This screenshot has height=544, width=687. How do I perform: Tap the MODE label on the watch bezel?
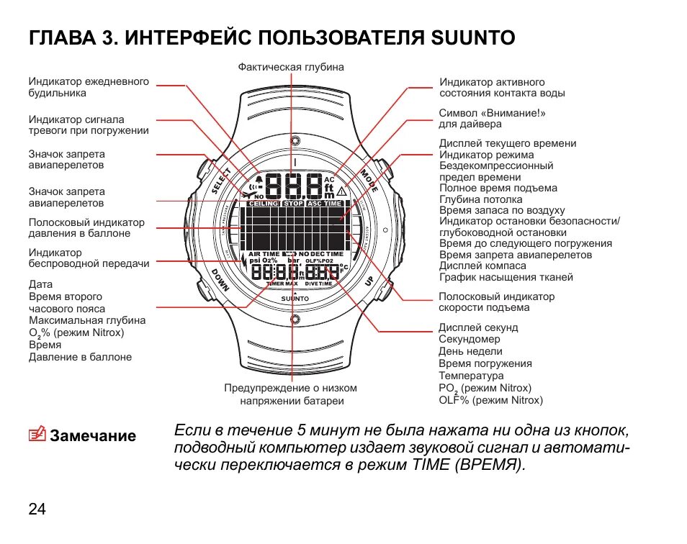tap(369, 180)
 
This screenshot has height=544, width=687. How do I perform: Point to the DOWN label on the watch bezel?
tap(220, 280)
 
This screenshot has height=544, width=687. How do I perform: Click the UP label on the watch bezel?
tap(369, 281)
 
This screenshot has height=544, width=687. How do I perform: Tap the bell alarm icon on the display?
tap(259, 180)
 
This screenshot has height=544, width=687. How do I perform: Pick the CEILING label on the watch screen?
tap(264, 204)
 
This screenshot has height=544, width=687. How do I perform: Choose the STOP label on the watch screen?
tap(294, 204)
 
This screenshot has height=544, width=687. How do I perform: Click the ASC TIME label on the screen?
tap(325, 204)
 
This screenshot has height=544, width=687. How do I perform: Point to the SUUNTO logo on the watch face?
tap(295, 297)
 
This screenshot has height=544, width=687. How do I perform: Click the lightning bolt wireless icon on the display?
tap(246, 263)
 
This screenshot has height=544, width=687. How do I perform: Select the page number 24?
tap(37, 509)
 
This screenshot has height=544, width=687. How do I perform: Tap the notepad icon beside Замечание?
tap(37, 435)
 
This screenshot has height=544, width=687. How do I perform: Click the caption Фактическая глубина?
tap(291, 67)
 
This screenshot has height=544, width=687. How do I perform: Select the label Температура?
tap(471, 376)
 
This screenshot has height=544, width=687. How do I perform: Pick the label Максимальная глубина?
tap(87, 320)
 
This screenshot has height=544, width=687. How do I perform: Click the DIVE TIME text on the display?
tap(321, 284)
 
